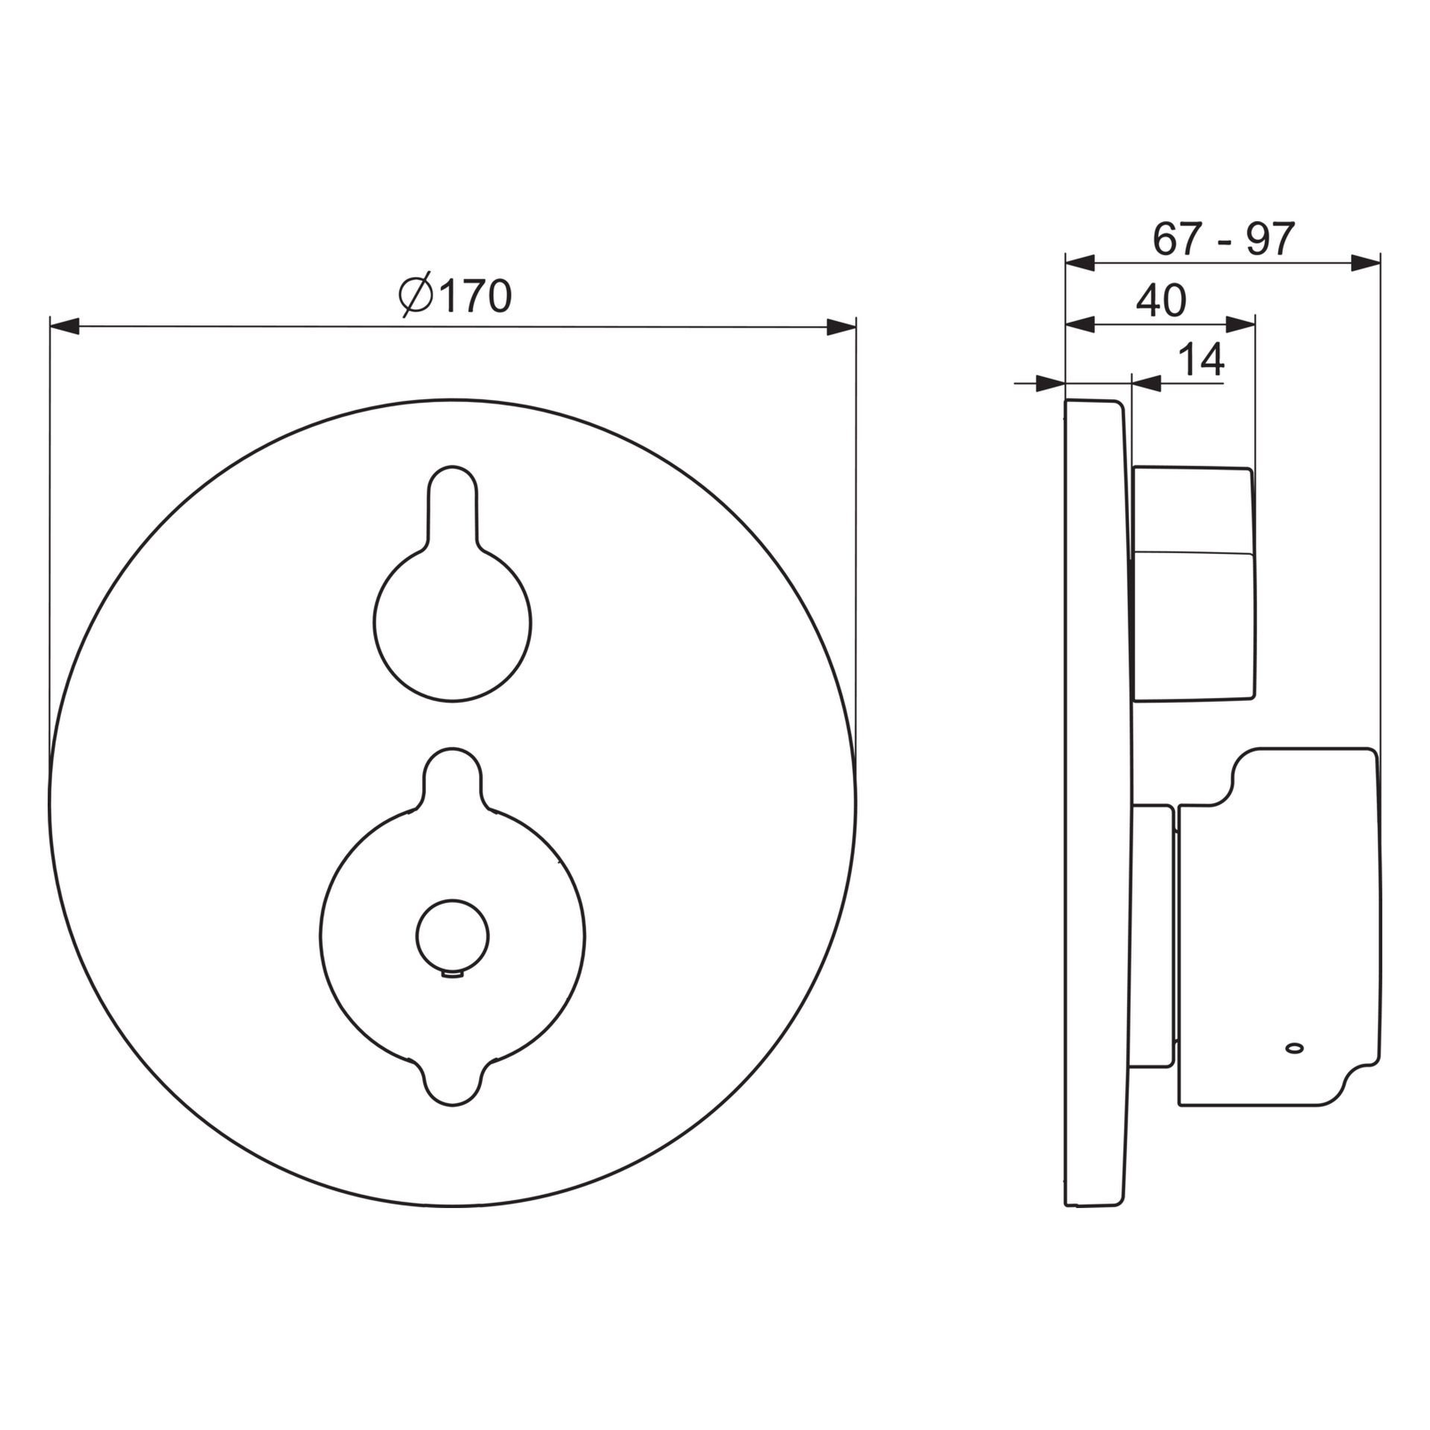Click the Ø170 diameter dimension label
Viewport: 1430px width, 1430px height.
[x=455, y=296]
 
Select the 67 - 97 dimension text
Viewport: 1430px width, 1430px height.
[x=1224, y=239]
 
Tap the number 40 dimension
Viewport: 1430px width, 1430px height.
[x=1161, y=301]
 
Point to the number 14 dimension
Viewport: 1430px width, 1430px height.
[x=1201, y=360]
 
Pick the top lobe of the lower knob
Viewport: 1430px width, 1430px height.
[x=452, y=779]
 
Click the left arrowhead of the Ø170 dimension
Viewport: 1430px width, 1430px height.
[x=64, y=326]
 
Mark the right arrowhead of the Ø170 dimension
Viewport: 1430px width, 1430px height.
[x=842, y=327]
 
